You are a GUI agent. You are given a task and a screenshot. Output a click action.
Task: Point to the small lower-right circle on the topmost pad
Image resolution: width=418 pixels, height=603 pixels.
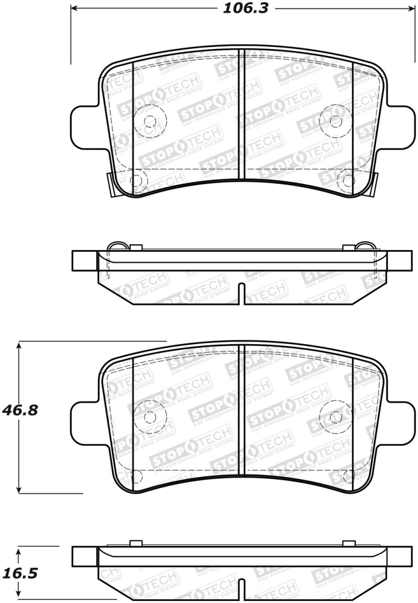[x=346, y=181]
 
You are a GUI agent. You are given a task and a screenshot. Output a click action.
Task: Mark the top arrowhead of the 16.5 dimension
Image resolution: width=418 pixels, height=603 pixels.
[x=19, y=549]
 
